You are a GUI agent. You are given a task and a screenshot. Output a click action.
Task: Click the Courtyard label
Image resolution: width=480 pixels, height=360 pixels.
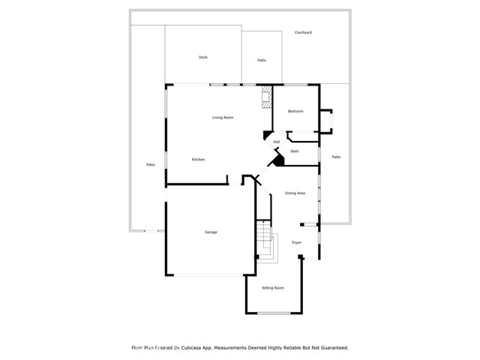click(x=303, y=33)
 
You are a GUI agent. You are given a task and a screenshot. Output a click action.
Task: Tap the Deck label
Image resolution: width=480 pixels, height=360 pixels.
click(x=202, y=58)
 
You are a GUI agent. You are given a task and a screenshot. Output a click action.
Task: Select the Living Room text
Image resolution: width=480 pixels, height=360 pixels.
click(x=223, y=118)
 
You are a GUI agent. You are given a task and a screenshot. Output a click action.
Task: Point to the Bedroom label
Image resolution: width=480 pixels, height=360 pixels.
click(x=295, y=112)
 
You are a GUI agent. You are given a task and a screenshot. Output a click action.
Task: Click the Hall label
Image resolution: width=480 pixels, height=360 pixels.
click(x=277, y=142)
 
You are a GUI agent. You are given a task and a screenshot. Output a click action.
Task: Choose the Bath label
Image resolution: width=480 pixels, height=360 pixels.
click(x=295, y=151)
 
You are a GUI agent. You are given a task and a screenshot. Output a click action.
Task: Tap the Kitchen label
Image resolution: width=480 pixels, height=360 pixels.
click(x=198, y=160)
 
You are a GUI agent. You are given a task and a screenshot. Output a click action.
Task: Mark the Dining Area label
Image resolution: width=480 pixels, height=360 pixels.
click(x=295, y=193)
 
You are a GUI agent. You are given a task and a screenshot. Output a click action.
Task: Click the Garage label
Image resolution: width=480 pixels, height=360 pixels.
click(x=211, y=232)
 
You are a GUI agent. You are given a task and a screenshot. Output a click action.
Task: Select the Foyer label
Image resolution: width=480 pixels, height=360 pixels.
click(x=296, y=243)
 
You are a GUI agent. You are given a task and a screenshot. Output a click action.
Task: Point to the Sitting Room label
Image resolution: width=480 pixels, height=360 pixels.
click(x=273, y=288)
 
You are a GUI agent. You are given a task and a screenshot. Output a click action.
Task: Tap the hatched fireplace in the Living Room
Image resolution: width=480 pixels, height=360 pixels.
click(x=265, y=97)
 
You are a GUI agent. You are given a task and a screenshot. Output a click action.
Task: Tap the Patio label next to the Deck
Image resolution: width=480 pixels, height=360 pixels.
click(x=262, y=60)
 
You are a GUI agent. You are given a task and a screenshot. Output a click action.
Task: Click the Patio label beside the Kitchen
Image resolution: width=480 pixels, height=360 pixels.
click(x=151, y=164)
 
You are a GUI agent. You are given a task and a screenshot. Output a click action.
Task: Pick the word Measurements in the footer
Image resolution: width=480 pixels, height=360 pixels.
click(x=231, y=348)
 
